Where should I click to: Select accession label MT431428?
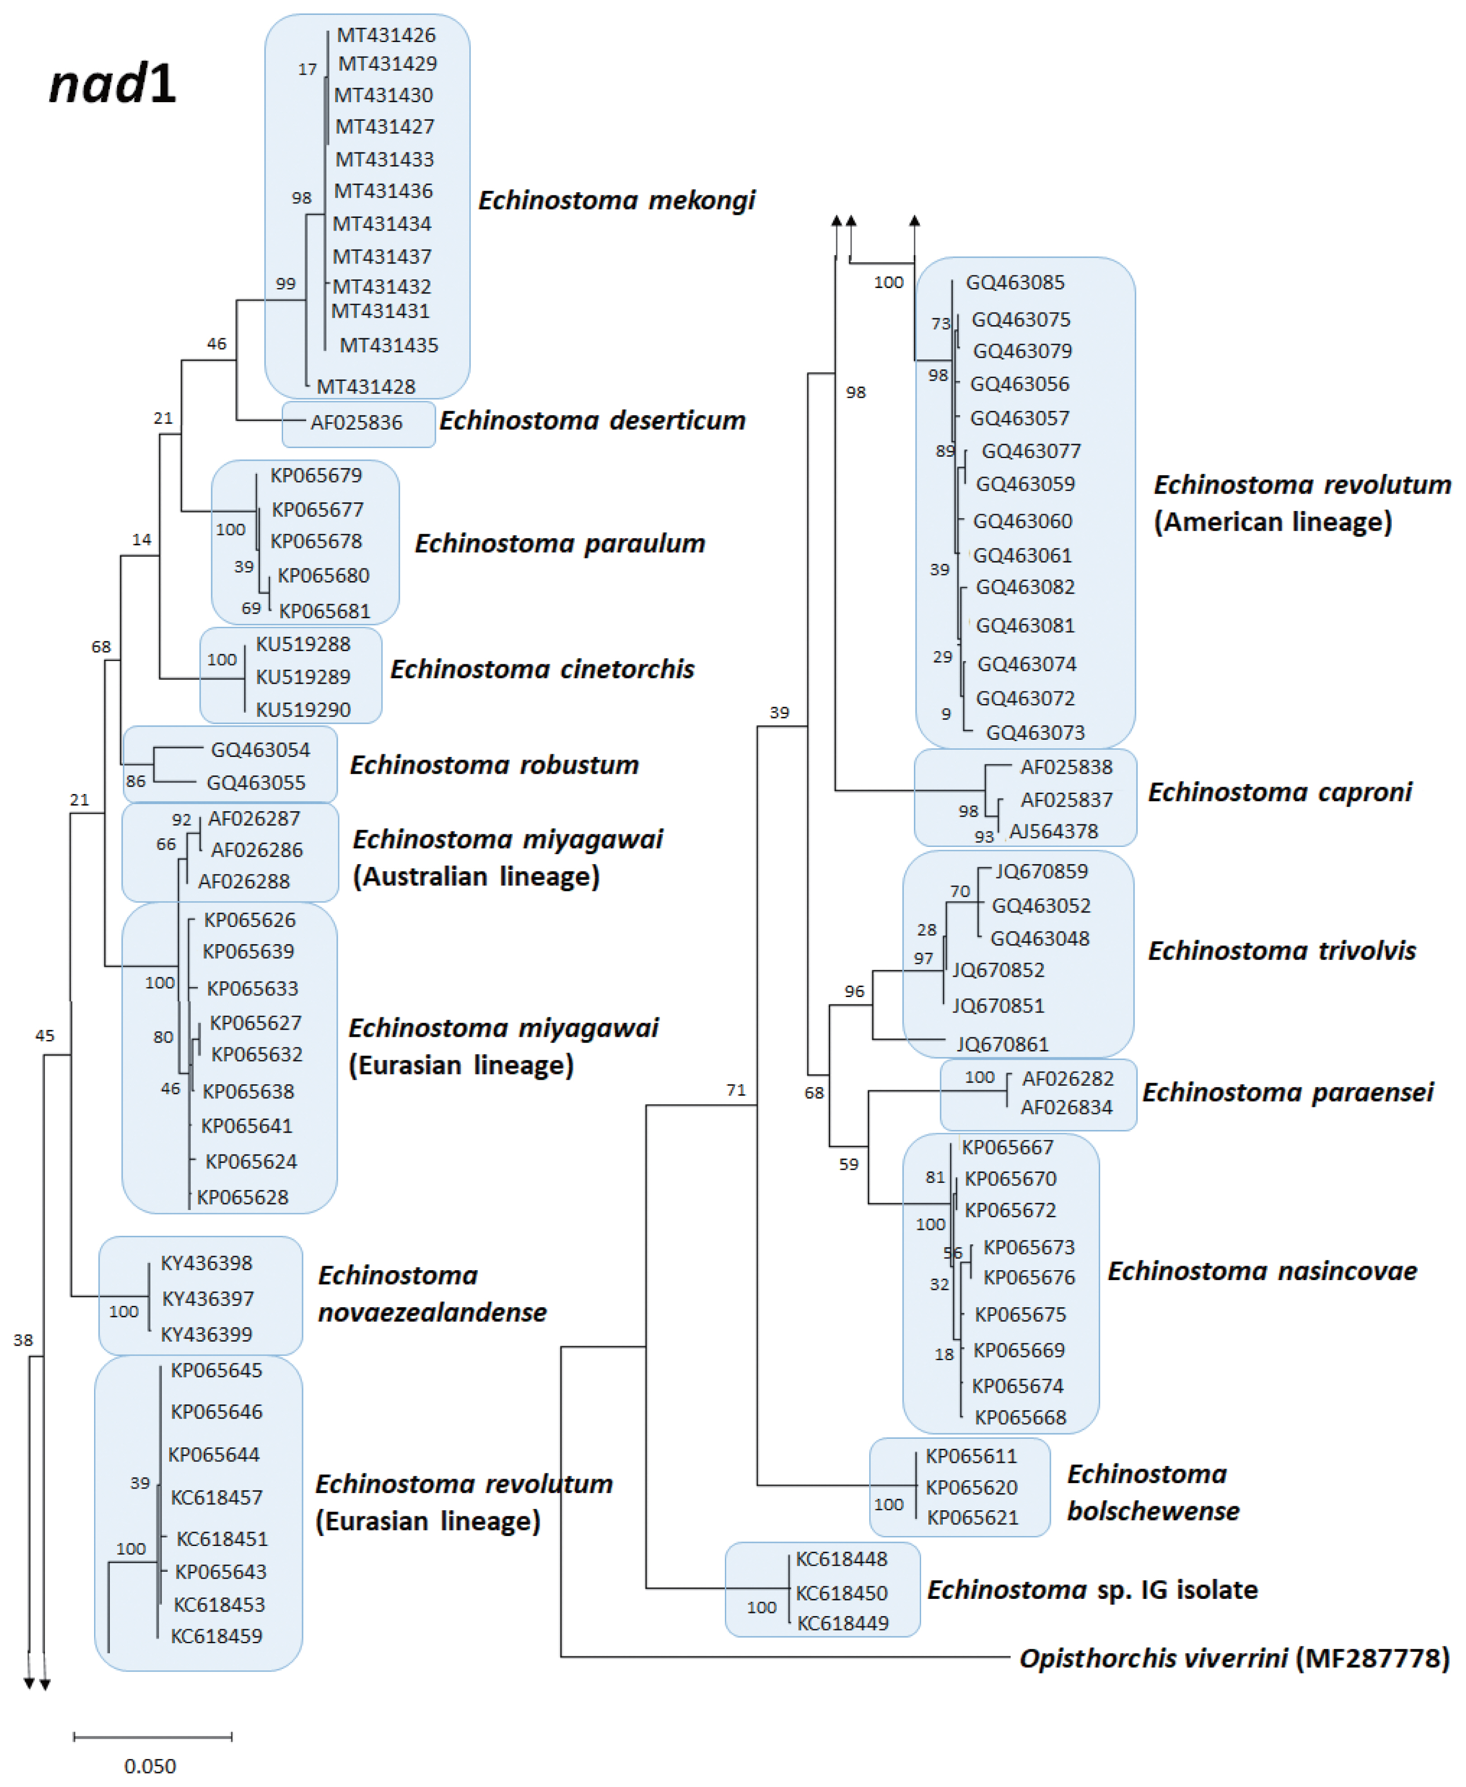click(x=366, y=387)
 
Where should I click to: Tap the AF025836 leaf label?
click(x=356, y=422)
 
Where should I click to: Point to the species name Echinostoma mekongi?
click(x=616, y=200)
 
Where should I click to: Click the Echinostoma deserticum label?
click(x=592, y=421)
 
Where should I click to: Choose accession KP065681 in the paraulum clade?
click(x=324, y=610)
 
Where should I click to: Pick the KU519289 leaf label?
click(x=303, y=676)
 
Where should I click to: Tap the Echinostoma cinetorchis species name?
click(x=542, y=669)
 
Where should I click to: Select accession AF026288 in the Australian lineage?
click(x=244, y=881)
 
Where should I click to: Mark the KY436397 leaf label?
click(x=208, y=1298)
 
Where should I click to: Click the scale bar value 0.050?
click(x=150, y=1766)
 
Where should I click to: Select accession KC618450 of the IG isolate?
click(x=842, y=1593)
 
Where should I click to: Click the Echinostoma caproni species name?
click(x=1279, y=792)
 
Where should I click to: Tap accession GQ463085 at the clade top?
click(x=1015, y=282)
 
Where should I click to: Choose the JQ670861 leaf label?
click(x=1003, y=1044)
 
